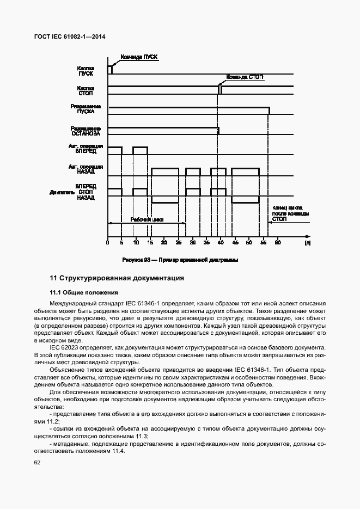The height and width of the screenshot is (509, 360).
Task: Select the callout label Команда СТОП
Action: (245, 77)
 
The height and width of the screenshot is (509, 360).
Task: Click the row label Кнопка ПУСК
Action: (86, 71)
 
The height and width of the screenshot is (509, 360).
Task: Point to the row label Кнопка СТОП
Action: (86, 90)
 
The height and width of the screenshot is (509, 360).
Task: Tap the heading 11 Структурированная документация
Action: (117, 278)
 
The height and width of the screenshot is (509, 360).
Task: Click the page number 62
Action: (37, 463)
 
